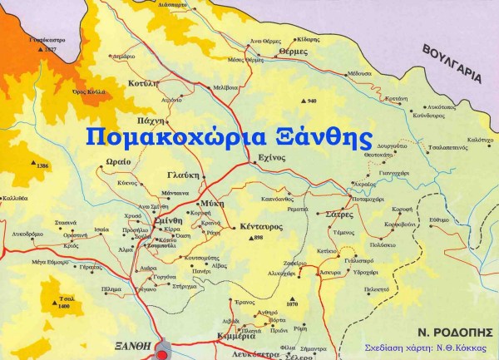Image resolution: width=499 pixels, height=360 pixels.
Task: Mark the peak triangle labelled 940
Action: tap(304, 101)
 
